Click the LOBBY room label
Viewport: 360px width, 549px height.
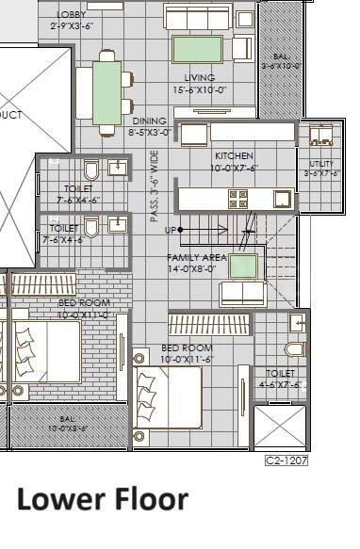pos(71,15)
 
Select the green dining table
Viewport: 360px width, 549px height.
pos(106,92)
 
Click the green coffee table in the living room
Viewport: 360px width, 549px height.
pos(198,48)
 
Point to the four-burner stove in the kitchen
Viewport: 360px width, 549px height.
pos(237,199)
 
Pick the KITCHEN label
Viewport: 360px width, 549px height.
pos(234,155)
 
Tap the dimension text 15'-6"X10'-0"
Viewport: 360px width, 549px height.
pos(199,89)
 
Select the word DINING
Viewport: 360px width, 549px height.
pos(149,121)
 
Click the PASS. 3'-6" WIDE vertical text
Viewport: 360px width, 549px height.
pos(155,186)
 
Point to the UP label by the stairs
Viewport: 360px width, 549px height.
pos(171,230)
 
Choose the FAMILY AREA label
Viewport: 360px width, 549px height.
pos(195,257)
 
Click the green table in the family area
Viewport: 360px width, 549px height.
pos(243,266)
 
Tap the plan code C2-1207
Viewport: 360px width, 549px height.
pos(286,460)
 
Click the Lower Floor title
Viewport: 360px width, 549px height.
pos(102,499)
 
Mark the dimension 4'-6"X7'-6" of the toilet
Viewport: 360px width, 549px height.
pos(280,383)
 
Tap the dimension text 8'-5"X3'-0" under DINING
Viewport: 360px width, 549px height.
pos(149,133)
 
